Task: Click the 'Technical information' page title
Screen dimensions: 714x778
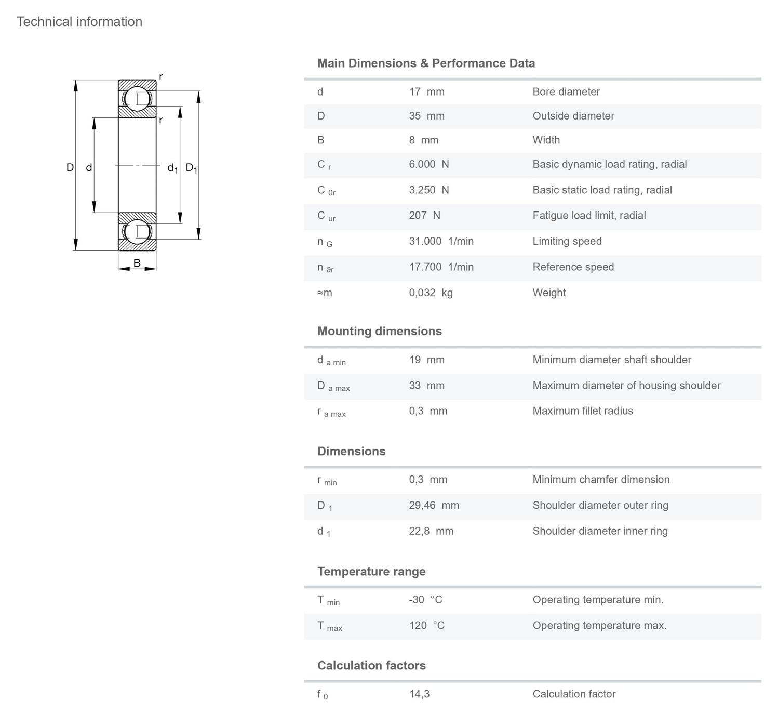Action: coord(79,22)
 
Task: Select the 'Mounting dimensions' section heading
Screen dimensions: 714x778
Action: coord(379,332)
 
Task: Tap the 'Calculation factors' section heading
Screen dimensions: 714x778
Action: coord(371,666)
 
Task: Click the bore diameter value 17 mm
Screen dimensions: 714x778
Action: coord(426,92)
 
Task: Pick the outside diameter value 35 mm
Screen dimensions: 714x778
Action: coord(426,116)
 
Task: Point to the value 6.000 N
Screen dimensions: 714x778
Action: coord(428,164)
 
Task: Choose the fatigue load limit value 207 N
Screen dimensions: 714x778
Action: coord(424,216)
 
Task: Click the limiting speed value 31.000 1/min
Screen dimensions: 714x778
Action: coord(441,241)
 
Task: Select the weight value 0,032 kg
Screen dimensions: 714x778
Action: coord(431,293)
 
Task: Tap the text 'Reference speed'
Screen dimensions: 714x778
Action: coord(573,267)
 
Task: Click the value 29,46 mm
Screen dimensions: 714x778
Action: coord(434,506)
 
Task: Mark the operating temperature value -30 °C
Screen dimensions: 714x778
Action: coord(425,600)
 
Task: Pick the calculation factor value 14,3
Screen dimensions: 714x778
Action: coord(419,694)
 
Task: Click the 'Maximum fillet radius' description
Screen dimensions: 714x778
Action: coord(583,411)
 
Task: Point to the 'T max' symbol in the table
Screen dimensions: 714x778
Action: coord(329,626)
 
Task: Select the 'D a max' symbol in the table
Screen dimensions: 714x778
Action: coord(333,386)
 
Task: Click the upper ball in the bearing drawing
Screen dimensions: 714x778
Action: coord(137,99)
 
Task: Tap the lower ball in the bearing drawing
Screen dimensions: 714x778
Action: coord(137,231)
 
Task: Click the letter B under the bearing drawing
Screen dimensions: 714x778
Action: coord(137,263)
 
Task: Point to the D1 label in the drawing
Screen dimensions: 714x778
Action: coord(192,168)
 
